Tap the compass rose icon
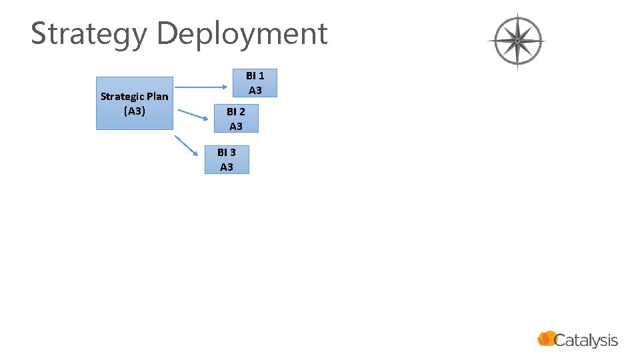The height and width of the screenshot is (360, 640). pos(517,41)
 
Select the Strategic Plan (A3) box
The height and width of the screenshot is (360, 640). pos(135,103)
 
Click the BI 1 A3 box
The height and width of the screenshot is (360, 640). pos(255,83)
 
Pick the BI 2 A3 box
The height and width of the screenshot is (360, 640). pos(235,119)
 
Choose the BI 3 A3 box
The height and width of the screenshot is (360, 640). pos(227,160)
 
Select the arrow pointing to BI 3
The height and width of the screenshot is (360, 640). pos(187,145)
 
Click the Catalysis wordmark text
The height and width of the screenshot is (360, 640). pos(586,341)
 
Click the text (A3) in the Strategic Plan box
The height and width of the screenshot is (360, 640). pos(135,111)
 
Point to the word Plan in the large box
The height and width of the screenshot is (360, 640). pos(157,97)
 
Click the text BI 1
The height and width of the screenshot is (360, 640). pos(255,76)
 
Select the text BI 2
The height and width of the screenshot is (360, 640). pos(235,112)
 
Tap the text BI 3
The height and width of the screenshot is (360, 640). pos(227,153)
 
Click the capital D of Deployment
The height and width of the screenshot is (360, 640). pos(167,33)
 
